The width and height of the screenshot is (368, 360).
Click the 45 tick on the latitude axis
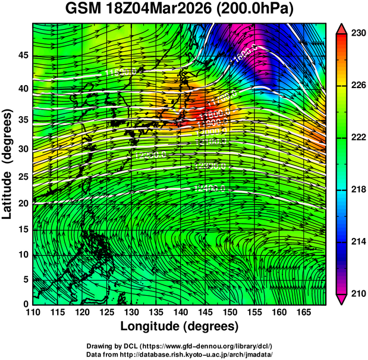point(24,56)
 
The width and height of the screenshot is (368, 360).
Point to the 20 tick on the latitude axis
point(24,203)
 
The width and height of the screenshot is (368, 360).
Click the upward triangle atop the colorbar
point(342,28)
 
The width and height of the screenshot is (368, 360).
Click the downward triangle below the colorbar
point(342,299)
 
